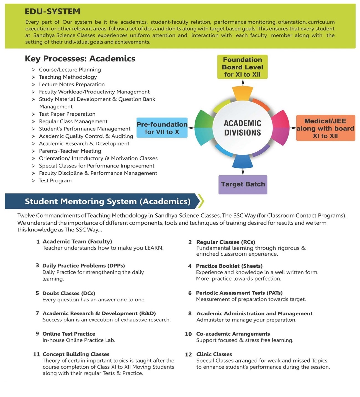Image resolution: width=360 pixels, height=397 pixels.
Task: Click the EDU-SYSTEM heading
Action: pos(52,11)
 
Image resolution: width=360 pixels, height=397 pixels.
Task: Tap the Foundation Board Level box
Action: pos(242,67)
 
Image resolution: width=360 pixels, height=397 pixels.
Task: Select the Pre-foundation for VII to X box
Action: pos(162,128)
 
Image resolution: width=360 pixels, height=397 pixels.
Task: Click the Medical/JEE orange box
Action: pos(325,128)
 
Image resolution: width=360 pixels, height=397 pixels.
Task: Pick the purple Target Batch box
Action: pos(243,184)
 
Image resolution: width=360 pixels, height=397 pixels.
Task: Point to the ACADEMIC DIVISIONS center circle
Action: pos(243,128)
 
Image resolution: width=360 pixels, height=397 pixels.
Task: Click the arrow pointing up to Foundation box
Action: pos(243,83)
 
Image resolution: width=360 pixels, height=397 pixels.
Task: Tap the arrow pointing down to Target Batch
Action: pos(243,171)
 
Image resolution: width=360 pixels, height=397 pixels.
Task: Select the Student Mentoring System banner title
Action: pos(108,201)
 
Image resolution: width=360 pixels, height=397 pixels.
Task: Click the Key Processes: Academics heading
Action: pos(80,59)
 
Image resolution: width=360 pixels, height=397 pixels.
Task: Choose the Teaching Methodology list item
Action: pos(68,77)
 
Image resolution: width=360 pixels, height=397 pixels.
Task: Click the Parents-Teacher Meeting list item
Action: pos(70,151)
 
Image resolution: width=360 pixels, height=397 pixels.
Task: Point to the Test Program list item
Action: pos(55,180)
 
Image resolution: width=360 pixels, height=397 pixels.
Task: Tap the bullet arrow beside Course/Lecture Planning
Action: pos(34,70)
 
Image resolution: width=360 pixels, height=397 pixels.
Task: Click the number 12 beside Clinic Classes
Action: pos(188,355)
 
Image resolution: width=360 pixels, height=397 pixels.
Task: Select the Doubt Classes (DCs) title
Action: pos(69,293)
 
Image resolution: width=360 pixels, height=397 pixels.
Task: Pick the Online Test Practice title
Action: pos(69,334)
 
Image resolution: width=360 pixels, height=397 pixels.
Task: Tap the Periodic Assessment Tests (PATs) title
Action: pos(239,293)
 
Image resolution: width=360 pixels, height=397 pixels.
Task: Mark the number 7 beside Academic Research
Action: pos(37,313)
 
